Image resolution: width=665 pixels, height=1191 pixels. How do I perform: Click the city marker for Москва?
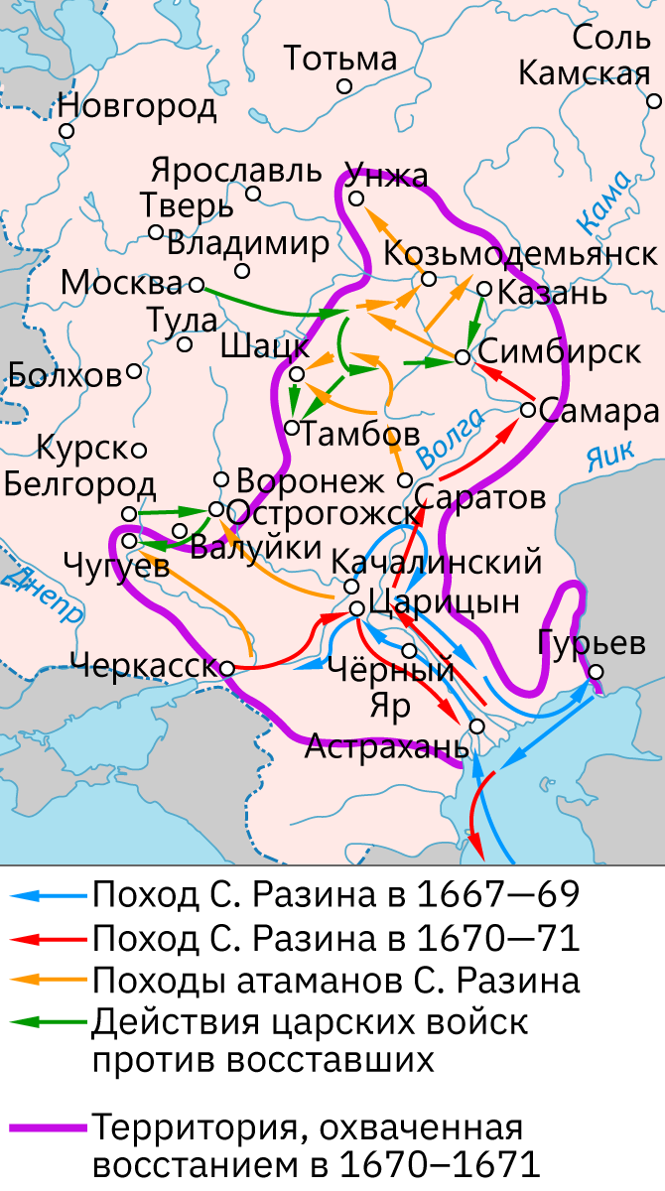click(x=196, y=285)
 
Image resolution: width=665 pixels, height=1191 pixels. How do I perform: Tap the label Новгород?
click(x=137, y=106)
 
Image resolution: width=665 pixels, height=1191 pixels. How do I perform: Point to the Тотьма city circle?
click(x=344, y=86)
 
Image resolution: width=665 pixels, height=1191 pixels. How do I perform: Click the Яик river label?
click(x=608, y=456)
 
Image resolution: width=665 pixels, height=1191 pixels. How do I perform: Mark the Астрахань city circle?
click(x=476, y=726)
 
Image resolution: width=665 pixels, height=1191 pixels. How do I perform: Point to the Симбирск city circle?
click(x=462, y=355)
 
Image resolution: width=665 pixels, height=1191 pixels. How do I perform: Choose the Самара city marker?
click(x=528, y=409)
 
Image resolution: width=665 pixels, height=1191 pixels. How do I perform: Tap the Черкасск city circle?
click(x=227, y=668)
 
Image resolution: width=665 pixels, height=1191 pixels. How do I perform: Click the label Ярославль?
click(x=237, y=170)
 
